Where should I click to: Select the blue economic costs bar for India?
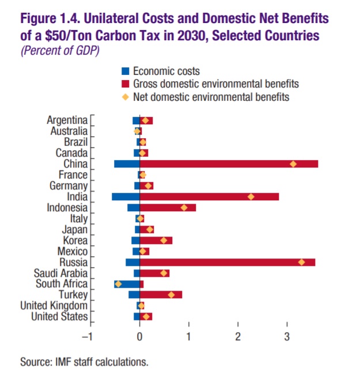point(126,197)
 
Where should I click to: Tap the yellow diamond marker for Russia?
point(301,262)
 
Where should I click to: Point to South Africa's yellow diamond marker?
point(118,284)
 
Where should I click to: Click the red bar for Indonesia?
point(168,208)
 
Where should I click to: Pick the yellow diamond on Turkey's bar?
point(171,295)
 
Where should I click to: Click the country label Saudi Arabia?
point(60,273)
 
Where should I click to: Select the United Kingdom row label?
point(54,306)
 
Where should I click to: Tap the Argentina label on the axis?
point(67,120)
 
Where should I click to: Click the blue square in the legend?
point(125,71)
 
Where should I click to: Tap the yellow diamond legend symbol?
point(125,97)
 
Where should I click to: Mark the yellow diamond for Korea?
point(164,241)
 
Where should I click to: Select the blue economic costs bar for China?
point(127,164)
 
